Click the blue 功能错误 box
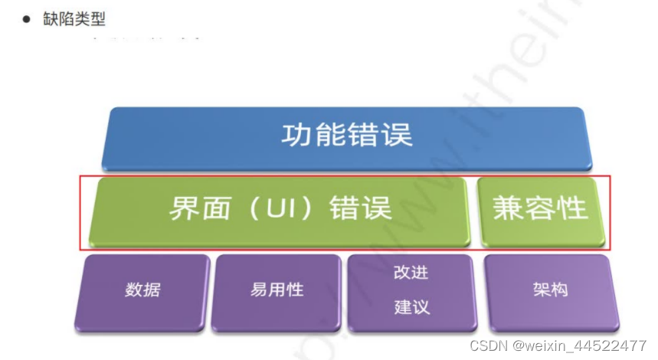point(346,136)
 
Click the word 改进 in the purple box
point(411,272)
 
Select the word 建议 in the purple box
point(411,307)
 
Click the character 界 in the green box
point(183,209)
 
